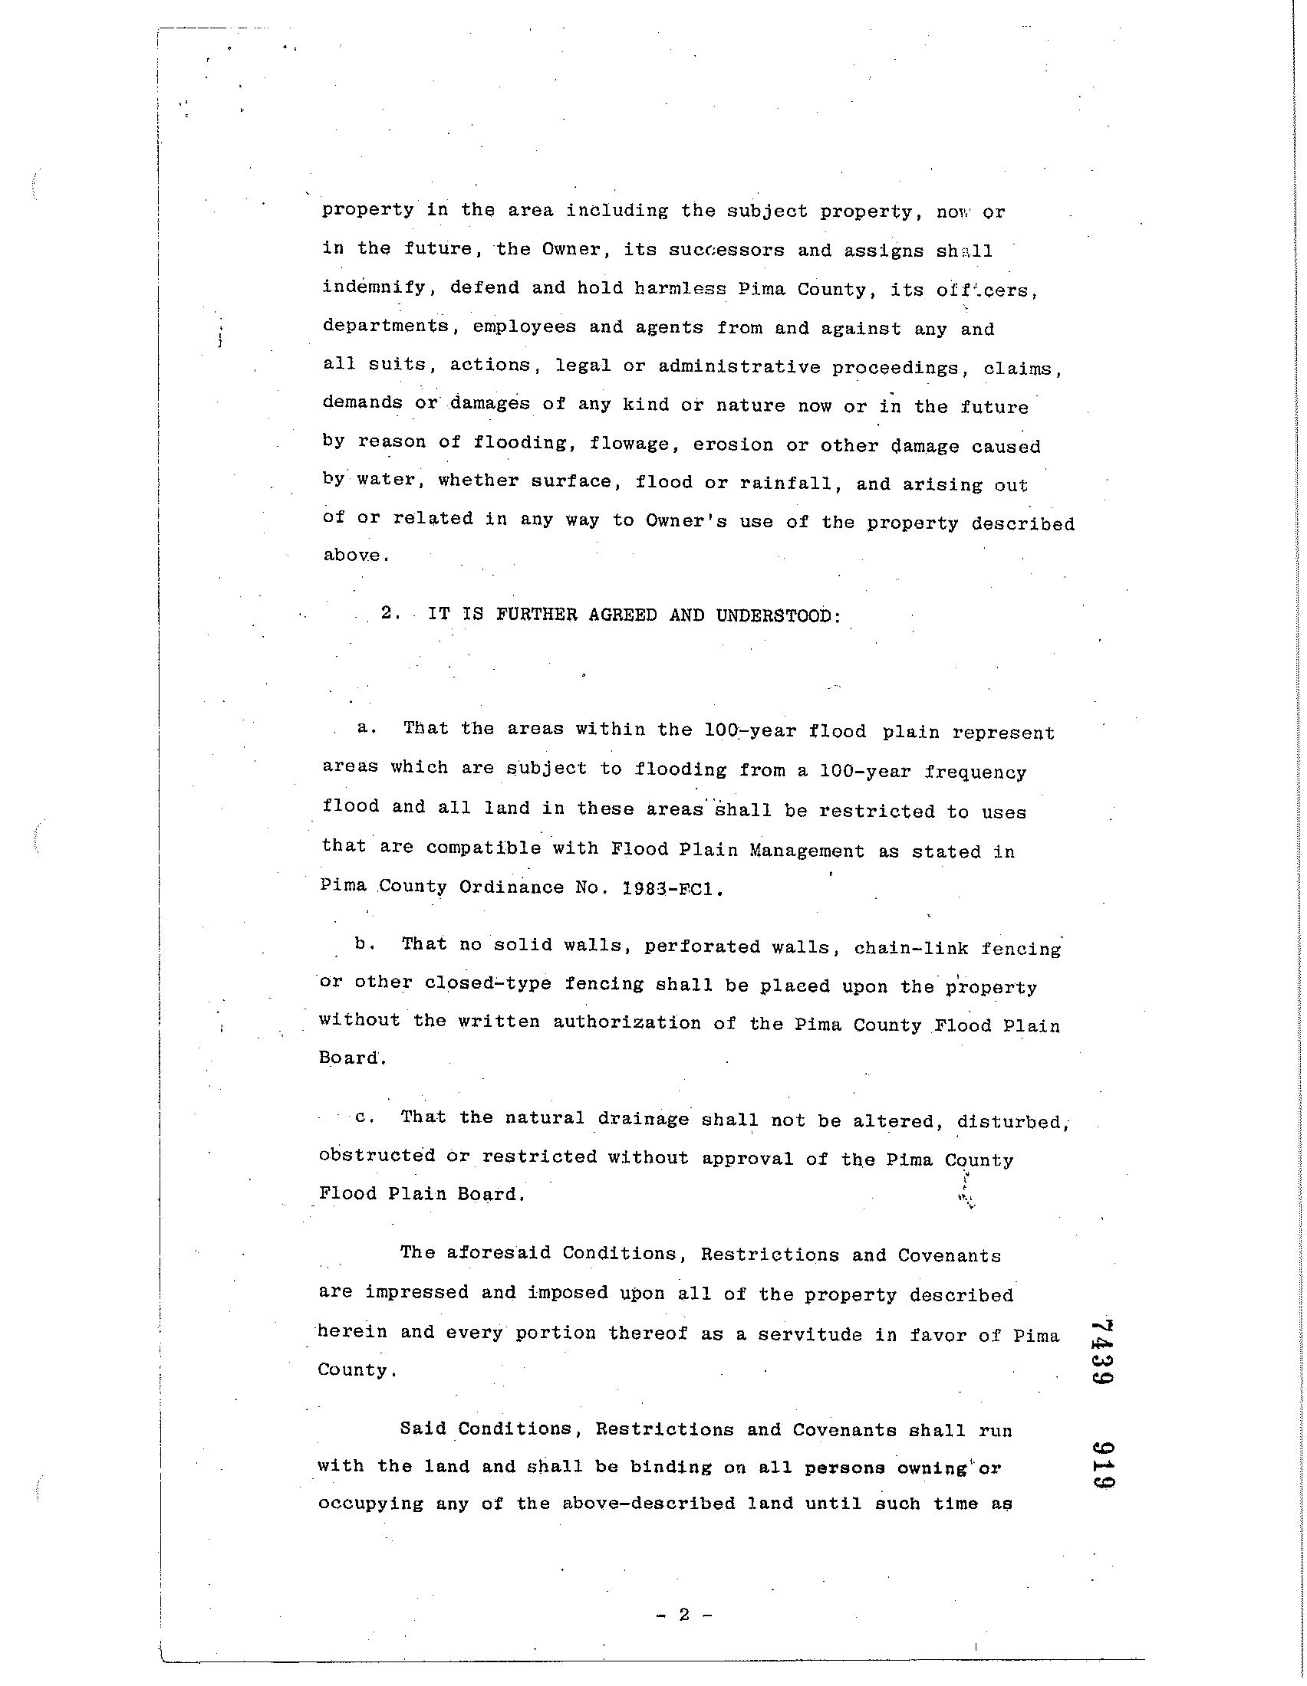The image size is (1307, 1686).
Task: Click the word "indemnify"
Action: tap(373, 289)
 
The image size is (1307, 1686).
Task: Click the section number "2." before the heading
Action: tap(390, 615)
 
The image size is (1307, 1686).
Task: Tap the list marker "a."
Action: tap(366, 728)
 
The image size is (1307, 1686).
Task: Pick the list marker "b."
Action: tap(364, 943)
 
